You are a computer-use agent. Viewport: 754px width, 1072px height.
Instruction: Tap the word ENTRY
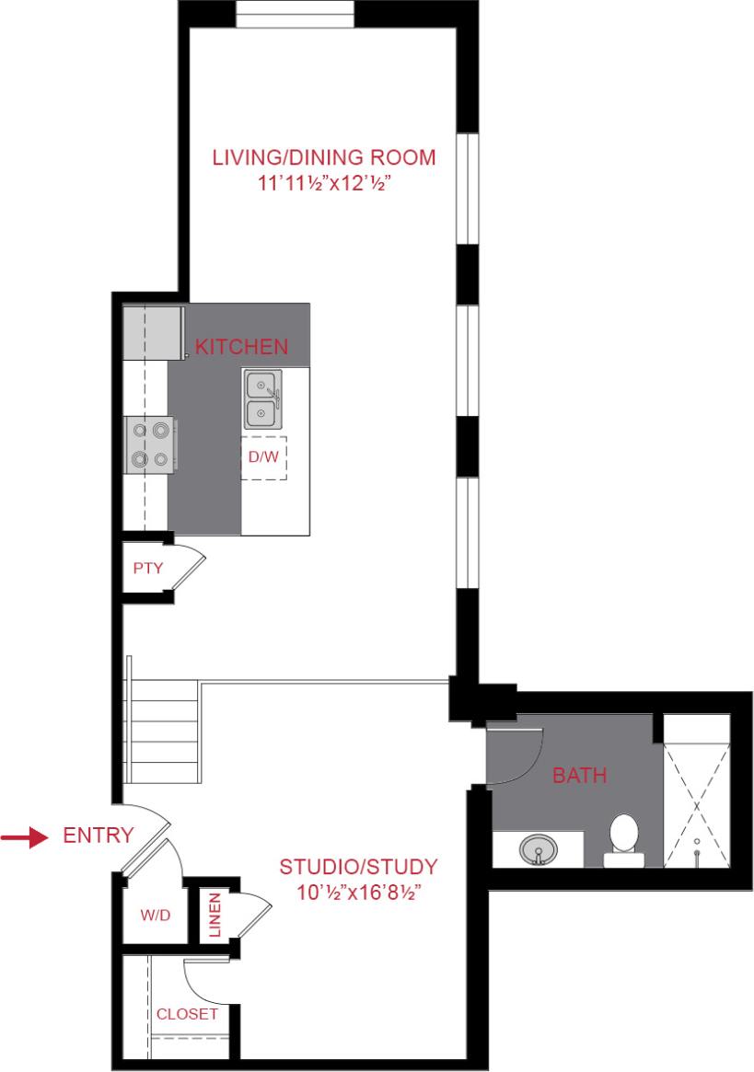[99, 836]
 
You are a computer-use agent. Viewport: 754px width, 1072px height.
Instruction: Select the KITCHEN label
[242, 347]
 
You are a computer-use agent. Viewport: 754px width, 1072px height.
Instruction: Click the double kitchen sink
[262, 398]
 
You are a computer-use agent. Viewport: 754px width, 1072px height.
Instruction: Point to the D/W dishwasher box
[263, 457]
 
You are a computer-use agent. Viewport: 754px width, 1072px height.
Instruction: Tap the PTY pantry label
[147, 568]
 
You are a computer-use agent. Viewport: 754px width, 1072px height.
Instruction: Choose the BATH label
[579, 776]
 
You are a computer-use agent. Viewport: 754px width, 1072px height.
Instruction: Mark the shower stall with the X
[698, 802]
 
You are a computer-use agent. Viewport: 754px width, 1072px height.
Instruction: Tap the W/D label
[153, 916]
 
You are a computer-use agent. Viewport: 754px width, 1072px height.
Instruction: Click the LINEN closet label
[215, 914]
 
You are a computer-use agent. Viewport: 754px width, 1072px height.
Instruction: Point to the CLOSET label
[187, 1014]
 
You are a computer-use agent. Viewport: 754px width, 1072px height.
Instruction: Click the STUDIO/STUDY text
[358, 866]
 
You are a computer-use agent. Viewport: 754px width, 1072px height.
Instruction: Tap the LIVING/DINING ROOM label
[324, 156]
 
